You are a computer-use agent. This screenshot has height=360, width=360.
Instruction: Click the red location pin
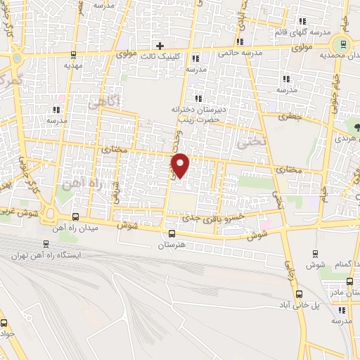pyautogui.click(x=181, y=166)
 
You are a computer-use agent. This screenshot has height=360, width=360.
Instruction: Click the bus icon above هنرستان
pyautogui.click(x=173, y=234)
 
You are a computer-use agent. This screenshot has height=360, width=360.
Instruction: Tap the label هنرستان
pyautogui.click(x=173, y=245)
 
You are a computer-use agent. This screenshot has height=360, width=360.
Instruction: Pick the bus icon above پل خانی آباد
pyautogui.click(x=300, y=295)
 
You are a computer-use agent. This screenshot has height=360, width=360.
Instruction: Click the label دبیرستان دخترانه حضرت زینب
pyautogui.click(x=196, y=115)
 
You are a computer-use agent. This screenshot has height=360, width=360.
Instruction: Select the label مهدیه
pyautogui.click(x=75, y=65)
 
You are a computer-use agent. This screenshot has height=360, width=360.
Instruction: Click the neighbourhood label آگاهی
pyautogui.click(x=105, y=103)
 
